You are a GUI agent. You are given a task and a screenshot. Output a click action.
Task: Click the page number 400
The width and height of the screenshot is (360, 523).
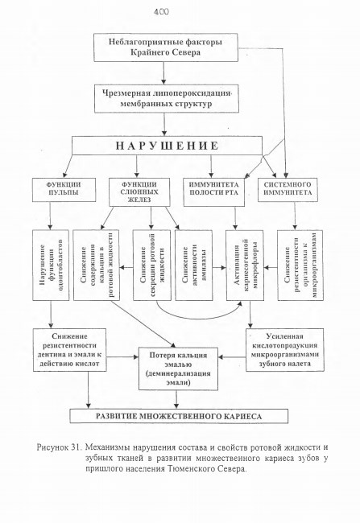(161, 12)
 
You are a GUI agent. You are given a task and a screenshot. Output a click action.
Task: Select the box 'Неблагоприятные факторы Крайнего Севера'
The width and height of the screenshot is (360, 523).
(166, 47)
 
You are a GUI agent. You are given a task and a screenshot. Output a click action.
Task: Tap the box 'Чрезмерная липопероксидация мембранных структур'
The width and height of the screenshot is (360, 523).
(167, 98)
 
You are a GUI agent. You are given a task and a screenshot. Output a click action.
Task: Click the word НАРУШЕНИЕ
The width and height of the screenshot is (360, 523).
(167, 146)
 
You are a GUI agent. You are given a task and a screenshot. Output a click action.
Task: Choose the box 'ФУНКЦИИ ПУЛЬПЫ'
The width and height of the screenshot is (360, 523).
(64, 190)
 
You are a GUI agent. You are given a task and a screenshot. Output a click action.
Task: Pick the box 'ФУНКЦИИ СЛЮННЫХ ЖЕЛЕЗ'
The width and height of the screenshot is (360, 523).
(139, 192)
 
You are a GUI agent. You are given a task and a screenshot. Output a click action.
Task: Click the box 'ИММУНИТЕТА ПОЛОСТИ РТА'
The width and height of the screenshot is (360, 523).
(213, 192)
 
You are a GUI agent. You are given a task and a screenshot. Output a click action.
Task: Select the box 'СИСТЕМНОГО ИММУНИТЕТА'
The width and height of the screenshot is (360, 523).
(288, 190)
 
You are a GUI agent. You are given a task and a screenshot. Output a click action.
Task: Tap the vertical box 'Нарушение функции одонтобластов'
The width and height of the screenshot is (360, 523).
(51, 266)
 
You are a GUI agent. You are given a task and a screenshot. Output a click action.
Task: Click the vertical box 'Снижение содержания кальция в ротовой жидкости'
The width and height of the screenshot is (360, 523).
(96, 265)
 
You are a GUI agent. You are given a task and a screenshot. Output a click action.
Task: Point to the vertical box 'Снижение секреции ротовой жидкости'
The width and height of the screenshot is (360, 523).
(151, 266)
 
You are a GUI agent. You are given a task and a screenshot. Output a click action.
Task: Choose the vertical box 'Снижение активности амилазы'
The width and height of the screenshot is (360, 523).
(194, 266)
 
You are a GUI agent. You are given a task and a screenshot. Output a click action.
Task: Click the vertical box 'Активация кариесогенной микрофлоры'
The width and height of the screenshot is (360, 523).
(245, 266)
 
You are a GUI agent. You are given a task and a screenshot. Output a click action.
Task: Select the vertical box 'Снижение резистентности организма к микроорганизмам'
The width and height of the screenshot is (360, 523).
(300, 266)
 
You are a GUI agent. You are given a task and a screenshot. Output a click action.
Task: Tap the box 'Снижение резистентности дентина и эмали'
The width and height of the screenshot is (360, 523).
(69, 350)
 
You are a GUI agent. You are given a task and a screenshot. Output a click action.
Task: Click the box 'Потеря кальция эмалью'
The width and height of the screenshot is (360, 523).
(178, 369)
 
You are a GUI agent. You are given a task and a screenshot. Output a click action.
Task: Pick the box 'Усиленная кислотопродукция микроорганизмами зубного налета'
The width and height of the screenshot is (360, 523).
(285, 350)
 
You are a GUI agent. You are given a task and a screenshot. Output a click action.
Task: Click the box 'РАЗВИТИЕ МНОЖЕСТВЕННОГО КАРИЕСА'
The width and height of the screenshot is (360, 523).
(179, 416)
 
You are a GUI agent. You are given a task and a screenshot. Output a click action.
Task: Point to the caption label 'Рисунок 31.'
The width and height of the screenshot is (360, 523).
(59, 447)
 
